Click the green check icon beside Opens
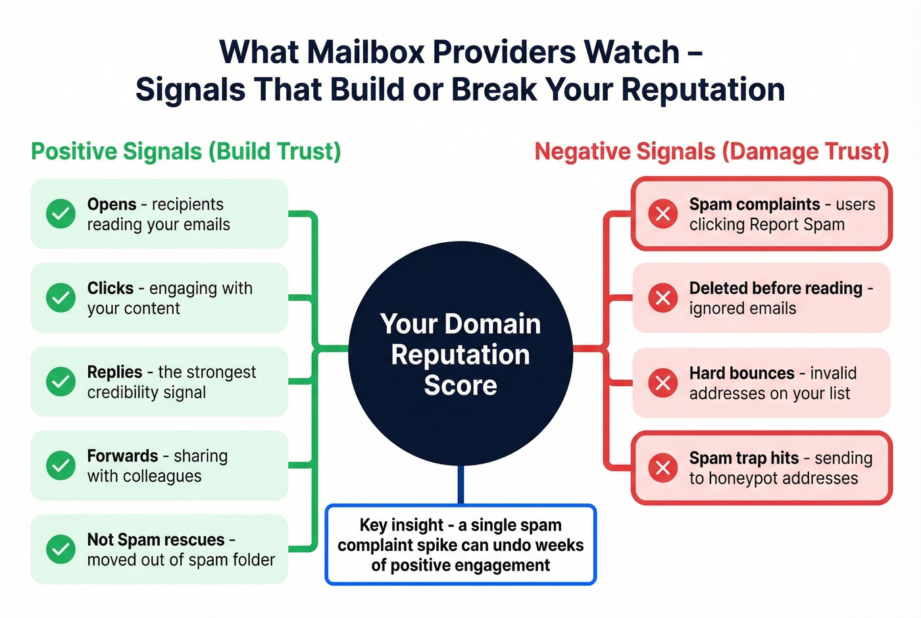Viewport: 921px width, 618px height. [x=61, y=214]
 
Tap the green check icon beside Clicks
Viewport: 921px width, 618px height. [x=61, y=297]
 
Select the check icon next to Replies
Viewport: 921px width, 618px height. [x=61, y=382]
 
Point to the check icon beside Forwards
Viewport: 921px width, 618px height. [x=61, y=465]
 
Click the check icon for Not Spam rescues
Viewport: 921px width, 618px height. [x=61, y=549]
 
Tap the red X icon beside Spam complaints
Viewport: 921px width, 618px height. [x=662, y=214]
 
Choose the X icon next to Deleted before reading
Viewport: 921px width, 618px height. [x=662, y=298]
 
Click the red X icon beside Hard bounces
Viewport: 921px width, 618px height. [x=662, y=382]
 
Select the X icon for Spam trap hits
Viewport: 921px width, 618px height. [x=662, y=467]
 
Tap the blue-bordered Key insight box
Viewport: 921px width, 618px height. [x=460, y=545]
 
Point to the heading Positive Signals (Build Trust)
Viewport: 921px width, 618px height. [x=186, y=151]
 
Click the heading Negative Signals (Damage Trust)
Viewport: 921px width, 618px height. [x=711, y=151]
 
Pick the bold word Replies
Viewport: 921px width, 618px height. [x=114, y=372]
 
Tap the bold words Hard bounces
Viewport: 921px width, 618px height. [x=741, y=373]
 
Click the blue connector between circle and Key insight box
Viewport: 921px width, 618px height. [x=460, y=485]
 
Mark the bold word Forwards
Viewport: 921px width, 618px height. [x=122, y=455]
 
